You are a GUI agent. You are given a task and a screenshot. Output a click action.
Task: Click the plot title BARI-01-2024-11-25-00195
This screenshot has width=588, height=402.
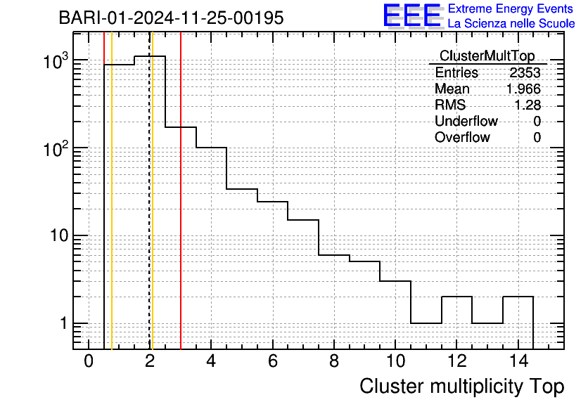171,18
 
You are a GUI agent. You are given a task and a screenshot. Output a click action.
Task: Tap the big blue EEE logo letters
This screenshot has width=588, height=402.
412,15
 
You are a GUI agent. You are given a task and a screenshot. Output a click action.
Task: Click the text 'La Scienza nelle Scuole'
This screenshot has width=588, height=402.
511,24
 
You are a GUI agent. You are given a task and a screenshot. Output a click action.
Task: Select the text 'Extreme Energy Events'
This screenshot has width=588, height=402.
511,8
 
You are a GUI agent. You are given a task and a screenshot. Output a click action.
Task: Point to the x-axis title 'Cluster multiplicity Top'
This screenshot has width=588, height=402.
462,387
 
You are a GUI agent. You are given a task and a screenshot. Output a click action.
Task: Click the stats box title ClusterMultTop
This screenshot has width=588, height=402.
487,56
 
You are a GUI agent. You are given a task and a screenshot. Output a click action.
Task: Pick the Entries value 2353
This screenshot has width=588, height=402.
525,72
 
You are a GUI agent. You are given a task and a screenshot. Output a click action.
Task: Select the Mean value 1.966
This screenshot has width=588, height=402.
523,89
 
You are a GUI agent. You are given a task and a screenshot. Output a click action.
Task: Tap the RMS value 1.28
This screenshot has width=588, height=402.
528,105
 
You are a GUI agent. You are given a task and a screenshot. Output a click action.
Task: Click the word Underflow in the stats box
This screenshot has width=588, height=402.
466,121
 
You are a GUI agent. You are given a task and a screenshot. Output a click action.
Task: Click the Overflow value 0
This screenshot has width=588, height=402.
537,138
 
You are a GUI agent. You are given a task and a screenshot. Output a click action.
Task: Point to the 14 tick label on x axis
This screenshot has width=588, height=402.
519,361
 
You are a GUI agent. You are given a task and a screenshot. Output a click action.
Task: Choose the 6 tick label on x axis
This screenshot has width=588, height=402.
273,361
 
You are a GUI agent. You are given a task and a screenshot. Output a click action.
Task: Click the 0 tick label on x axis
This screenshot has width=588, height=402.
89,361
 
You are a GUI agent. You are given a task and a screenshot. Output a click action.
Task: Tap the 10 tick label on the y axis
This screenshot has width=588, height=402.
59,235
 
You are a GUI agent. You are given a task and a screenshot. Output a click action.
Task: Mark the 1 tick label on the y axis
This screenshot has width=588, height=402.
64,323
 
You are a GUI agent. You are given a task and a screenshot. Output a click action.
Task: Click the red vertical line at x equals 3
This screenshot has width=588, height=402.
181,190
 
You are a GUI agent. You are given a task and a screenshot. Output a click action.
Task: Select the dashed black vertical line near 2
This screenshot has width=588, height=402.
150,190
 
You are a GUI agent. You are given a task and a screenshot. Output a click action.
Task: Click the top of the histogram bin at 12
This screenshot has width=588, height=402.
456,297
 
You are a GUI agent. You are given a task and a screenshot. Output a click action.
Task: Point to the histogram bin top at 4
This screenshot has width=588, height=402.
211,148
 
